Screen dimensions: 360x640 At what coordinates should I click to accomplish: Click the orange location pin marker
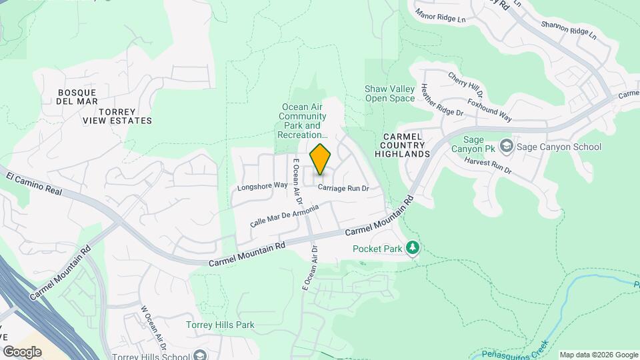321,159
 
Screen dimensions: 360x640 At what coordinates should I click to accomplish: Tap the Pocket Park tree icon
413,249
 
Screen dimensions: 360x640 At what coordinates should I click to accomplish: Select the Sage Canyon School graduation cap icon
507,146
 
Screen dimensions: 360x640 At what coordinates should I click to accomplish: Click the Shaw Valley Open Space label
390,94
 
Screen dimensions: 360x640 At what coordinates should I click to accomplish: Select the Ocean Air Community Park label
305,121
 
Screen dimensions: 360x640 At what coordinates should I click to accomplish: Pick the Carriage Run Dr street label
343,189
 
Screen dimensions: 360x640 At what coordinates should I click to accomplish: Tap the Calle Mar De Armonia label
284,215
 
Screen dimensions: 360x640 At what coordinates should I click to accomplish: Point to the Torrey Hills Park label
220,325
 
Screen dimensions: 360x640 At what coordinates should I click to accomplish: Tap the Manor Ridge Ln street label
440,15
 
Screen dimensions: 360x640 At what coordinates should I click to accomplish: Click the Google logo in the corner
22,352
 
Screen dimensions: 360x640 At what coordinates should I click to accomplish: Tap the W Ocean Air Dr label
153,324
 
